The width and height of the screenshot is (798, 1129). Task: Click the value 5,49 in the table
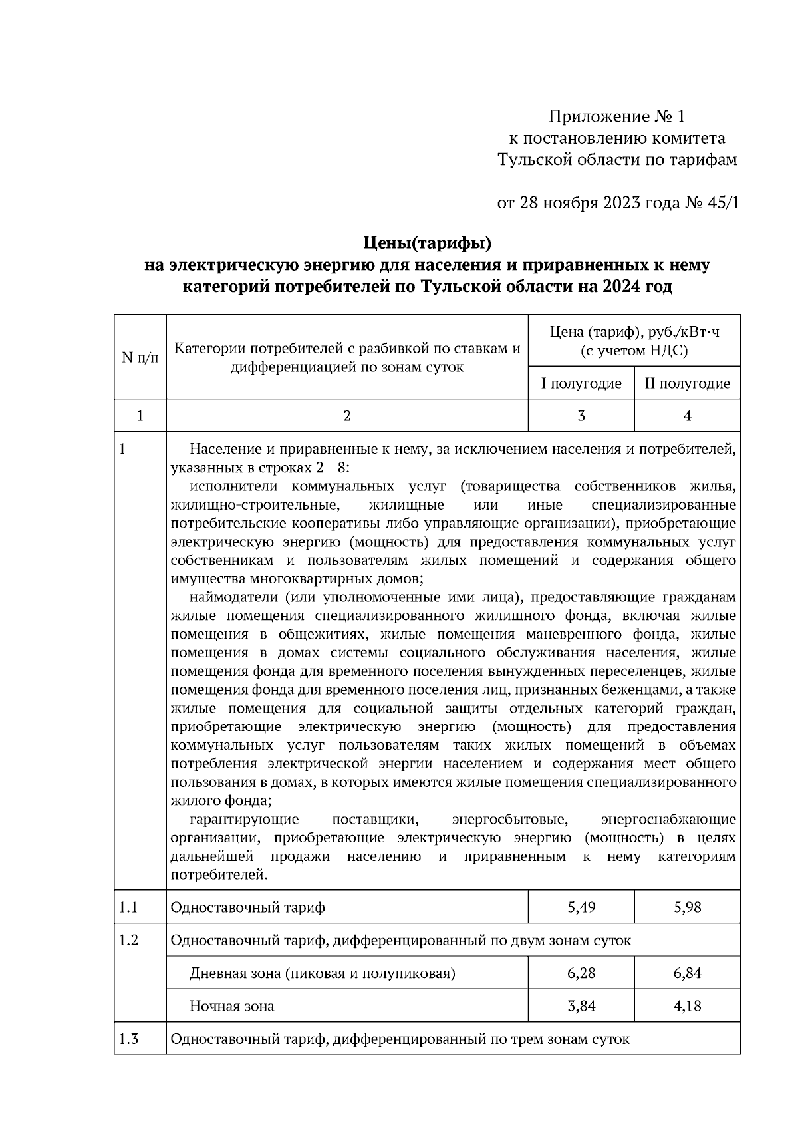click(x=581, y=907)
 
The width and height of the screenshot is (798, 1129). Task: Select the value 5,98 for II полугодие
click(x=687, y=907)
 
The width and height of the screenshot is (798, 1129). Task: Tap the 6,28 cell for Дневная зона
click(x=581, y=973)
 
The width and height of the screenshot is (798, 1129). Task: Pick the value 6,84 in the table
click(x=687, y=973)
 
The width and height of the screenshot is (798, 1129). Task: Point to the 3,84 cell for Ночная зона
click(x=581, y=1006)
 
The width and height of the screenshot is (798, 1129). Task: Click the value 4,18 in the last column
click(x=687, y=1006)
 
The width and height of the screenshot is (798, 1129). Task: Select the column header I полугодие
click(x=581, y=384)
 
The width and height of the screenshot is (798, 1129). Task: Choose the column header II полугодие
click(x=687, y=384)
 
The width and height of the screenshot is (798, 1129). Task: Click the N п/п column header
click(x=140, y=357)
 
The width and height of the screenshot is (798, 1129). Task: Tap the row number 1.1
click(x=128, y=907)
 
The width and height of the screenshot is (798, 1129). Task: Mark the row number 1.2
click(x=128, y=941)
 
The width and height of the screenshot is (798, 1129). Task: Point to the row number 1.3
click(x=128, y=1039)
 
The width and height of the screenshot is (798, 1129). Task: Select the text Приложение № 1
click(x=616, y=117)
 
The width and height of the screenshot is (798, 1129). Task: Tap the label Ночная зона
click(x=231, y=1006)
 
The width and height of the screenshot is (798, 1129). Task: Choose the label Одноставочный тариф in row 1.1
click(x=247, y=907)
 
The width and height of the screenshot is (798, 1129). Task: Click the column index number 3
click(x=581, y=416)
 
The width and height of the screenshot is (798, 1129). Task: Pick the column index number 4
click(x=687, y=416)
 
